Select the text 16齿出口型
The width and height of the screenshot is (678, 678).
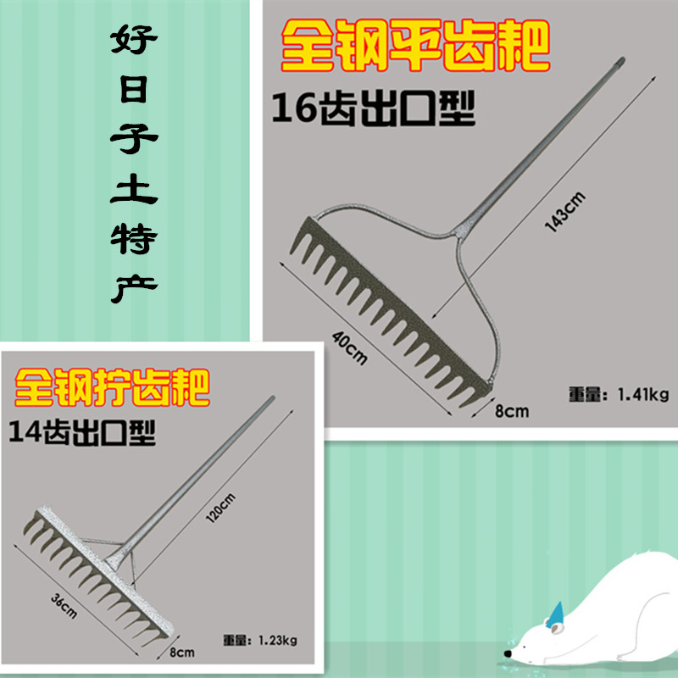click(373, 110)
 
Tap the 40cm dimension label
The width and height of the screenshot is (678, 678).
click(350, 346)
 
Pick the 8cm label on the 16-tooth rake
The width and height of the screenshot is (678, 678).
click(511, 412)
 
